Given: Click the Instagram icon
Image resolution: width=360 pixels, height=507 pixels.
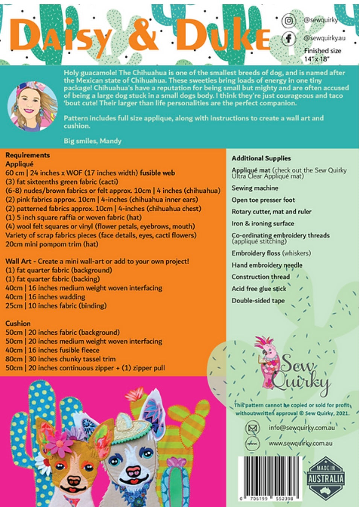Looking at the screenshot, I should (x=289, y=21).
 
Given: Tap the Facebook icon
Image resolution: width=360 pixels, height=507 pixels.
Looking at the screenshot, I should (x=289, y=38).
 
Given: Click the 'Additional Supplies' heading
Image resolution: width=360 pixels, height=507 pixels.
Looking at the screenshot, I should (x=261, y=158).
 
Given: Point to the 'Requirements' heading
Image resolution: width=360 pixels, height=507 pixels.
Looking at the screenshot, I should (x=27, y=155).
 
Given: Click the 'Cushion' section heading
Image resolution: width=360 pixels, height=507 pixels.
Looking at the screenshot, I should (x=18, y=323).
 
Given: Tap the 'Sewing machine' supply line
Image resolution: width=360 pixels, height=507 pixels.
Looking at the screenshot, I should (x=255, y=188).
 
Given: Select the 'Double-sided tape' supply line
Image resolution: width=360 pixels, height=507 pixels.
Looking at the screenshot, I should (x=258, y=301).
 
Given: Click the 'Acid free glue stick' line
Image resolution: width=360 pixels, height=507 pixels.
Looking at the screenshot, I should (x=259, y=289).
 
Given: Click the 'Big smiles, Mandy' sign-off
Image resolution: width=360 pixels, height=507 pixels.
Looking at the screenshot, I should (x=93, y=141).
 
